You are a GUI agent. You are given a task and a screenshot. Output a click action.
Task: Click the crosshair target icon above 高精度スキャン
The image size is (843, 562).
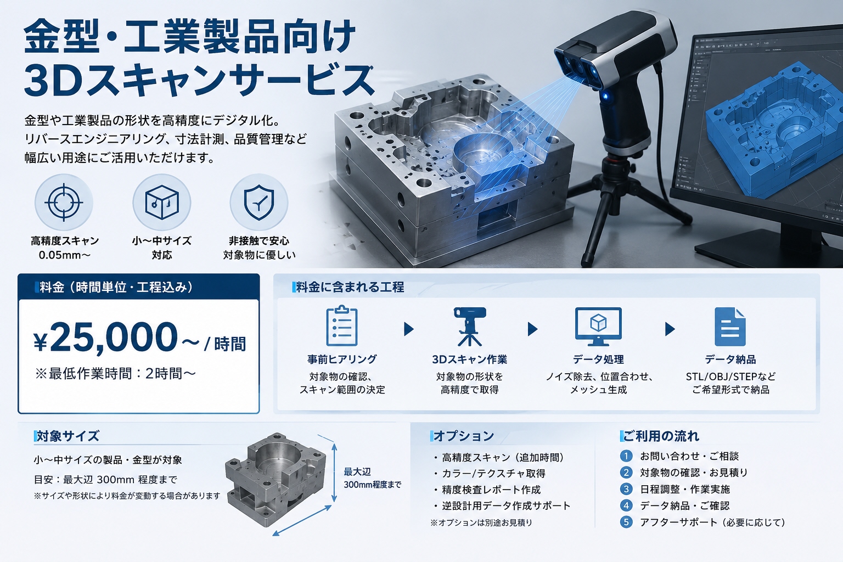click(x=64, y=202)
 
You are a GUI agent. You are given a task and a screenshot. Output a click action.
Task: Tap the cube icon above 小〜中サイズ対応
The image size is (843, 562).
click(x=162, y=202)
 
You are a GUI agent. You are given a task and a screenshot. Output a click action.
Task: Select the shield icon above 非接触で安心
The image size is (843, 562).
click(x=259, y=202)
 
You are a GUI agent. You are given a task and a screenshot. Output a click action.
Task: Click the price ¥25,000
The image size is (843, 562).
click(x=106, y=338)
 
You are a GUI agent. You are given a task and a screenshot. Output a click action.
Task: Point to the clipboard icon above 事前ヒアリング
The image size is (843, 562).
click(x=342, y=325)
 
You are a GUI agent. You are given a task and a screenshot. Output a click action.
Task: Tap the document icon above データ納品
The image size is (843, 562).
click(x=730, y=327)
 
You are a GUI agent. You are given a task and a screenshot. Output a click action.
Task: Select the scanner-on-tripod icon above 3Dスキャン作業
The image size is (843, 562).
click(x=470, y=327)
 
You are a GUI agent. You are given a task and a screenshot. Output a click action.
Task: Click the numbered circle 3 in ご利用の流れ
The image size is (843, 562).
click(x=626, y=489)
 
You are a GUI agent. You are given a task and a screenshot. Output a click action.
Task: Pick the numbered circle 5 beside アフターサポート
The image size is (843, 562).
click(x=626, y=522)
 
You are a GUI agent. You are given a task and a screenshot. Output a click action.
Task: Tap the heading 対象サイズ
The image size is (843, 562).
click(x=68, y=436)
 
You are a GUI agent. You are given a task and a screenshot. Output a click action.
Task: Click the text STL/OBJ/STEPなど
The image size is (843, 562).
click(x=730, y=376)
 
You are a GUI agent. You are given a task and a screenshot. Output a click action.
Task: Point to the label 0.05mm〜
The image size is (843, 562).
click(x=64, y=255)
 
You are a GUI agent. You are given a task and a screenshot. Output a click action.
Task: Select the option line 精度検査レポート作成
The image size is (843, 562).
click(x=491, y=490)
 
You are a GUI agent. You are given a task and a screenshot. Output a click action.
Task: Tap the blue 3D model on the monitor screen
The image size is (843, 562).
click(x=768, y=132)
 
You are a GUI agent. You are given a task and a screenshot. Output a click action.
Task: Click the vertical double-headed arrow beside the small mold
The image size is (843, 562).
click(x=334, y=473)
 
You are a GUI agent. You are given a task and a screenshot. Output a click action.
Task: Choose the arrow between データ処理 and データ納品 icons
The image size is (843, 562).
click(x=670, y=329)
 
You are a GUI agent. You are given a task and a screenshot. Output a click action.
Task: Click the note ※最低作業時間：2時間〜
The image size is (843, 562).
click(x=116, y=373)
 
